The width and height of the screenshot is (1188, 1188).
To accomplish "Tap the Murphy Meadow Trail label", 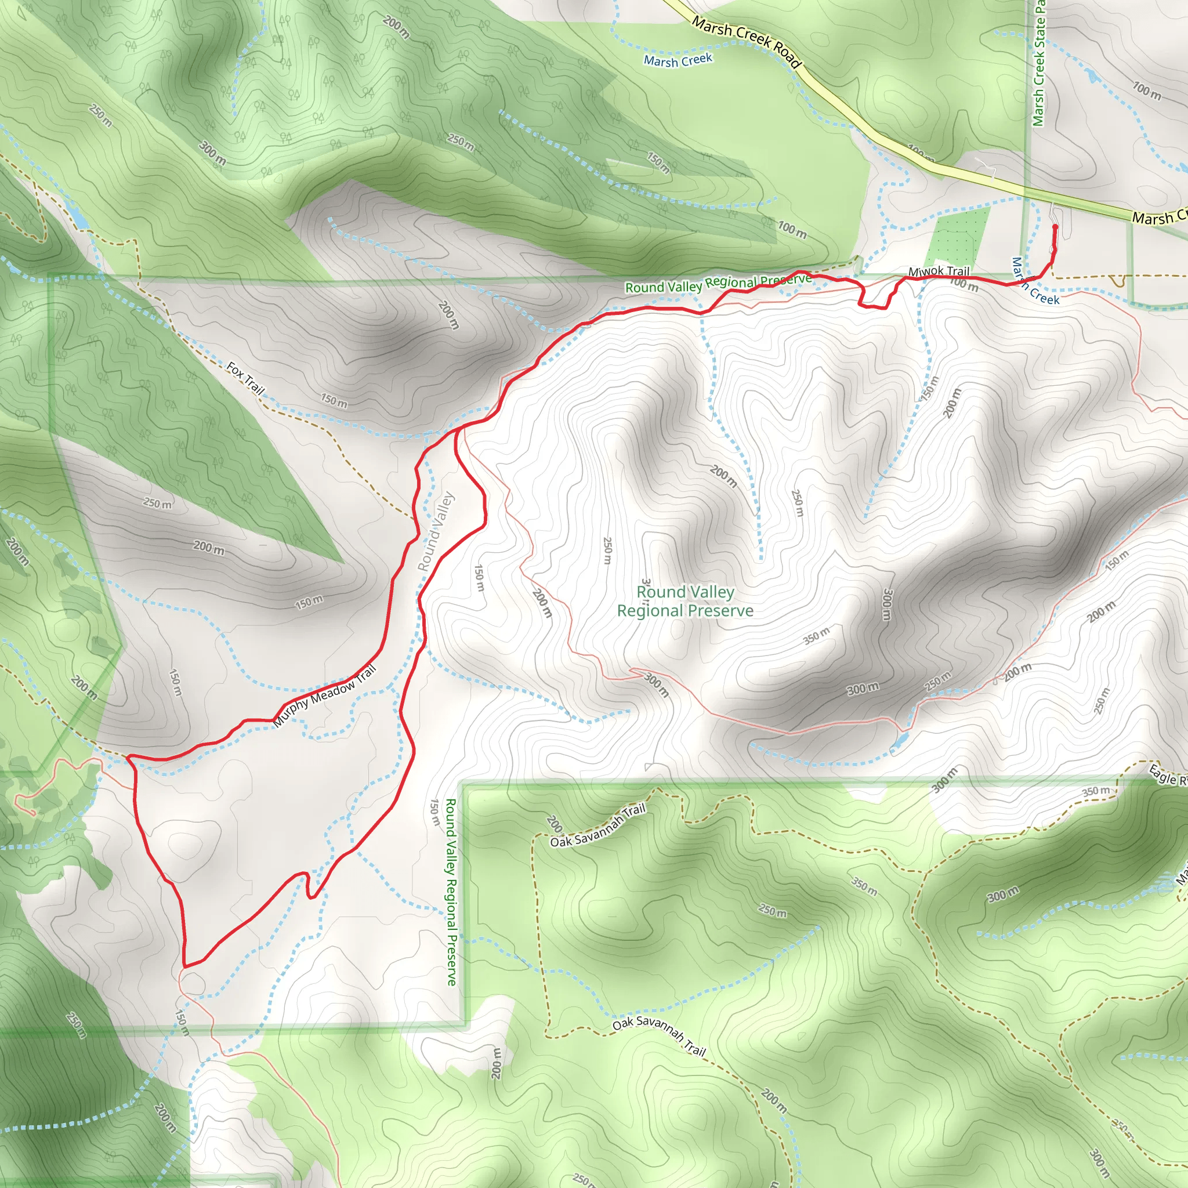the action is pos(324,696).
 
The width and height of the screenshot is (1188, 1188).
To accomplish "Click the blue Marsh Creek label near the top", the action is pos(678,60).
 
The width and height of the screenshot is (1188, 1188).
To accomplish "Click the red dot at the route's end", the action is pos(1055,227).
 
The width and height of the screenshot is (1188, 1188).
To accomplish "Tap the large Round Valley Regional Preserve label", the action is pos(685,602).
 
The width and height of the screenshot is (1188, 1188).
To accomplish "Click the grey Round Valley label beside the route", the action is pos(436,532).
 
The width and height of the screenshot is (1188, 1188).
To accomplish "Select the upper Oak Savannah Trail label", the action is pos(597,826).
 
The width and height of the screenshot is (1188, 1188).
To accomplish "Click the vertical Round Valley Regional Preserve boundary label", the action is pos(451,892).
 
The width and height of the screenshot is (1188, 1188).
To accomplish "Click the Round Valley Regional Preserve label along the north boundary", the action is pos(718,283).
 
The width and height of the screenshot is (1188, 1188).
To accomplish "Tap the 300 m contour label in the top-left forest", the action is pos(212,154).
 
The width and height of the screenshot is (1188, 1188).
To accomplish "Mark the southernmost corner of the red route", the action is pos(185,966).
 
